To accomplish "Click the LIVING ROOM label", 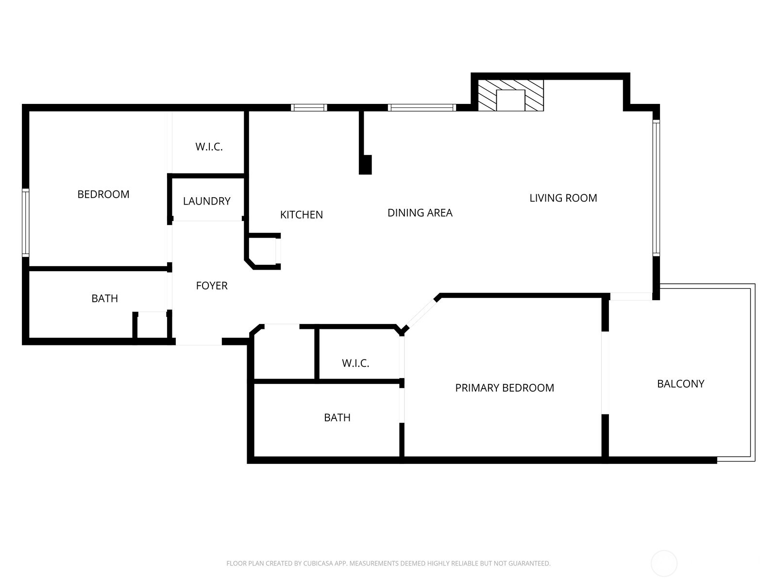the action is pyautogui.click(x=563, y=198).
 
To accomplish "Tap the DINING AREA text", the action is pyautogui.click(x=420, y=213).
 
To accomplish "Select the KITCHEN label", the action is pyautogui.click(x=301, y=215).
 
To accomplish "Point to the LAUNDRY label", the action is pyautogui.click(x=207, y=201).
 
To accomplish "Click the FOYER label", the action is pyautogui.click(x=212, y=285).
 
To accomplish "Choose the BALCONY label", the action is pyautogui.click(x=680, y=384).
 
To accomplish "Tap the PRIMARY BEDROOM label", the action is pyautogui.click(x=505, y=388).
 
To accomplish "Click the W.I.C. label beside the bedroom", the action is pyautogui.click(x=209, y=147).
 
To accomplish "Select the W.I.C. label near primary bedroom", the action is pyautogui.click(x=355, y=363).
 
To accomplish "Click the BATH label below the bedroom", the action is pyautogui.click(x=104, y=298).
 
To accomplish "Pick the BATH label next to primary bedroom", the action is pyautogui.click(x=337, y=418).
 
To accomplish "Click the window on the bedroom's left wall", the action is pyautogui.click(x=25, y=223).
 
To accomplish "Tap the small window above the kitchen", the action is pyautogui.click(x=309, y=107).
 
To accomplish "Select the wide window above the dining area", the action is pyautogui.click(x=422, y=107).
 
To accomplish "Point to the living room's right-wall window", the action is pyautogui.click(x=656, y=188).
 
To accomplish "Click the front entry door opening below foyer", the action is pyautogui.click(x=199, y=342).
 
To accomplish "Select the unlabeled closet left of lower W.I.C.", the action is pyautogui.click(x=284, y=354).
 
